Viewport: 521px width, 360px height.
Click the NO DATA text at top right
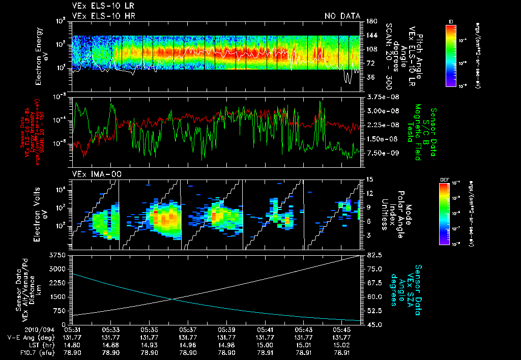(342, 16)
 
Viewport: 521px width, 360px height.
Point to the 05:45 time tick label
(342, 329)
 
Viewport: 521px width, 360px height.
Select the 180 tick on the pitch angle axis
(371, 21)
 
